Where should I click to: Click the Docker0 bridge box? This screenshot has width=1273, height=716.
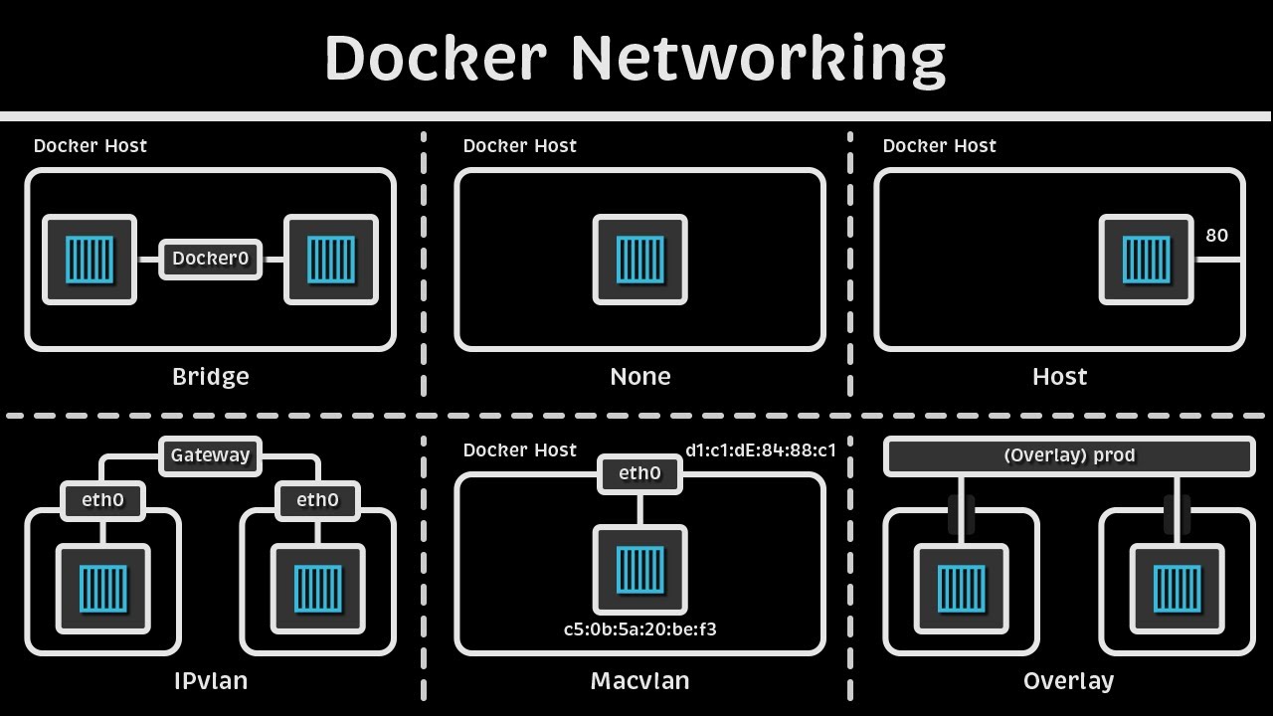210,260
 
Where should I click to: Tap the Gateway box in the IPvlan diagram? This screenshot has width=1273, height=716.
210,455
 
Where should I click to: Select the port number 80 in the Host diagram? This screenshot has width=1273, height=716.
1216,236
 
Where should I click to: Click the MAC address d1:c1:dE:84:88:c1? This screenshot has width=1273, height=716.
761,450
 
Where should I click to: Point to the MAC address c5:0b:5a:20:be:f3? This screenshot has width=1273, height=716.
639,629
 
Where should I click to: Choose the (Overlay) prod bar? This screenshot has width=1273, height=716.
1069,455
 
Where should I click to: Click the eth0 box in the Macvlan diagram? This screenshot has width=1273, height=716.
639,473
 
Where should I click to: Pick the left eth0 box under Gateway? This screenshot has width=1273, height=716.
102,500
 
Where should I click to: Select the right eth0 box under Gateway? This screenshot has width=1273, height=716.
317,500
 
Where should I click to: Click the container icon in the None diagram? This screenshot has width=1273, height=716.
640,260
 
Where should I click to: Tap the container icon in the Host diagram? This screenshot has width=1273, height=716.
1146,260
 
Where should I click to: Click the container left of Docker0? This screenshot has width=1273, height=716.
90,260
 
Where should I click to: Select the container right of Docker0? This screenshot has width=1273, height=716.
331,260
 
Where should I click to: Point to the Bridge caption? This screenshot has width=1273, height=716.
210,377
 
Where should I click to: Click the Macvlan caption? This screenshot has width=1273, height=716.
639,681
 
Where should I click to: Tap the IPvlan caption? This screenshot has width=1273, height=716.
210,681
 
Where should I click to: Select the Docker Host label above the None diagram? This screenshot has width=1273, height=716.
519,146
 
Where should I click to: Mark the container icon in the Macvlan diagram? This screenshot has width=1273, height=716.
640,570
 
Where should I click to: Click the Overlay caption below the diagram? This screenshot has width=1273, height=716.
1068,681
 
